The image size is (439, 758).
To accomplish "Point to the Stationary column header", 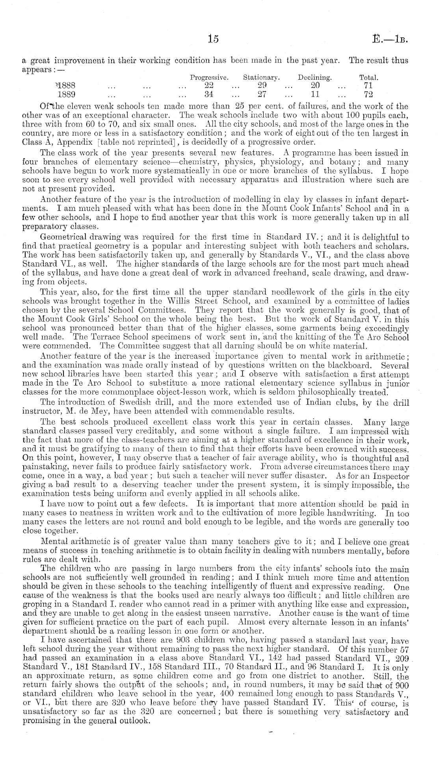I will (262, 78).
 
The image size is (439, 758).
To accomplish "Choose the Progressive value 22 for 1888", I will (209, 86).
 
